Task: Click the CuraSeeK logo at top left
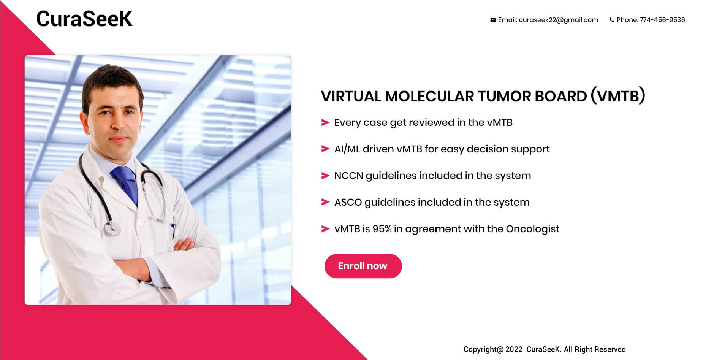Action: pyautogui.click(x=84, y=19)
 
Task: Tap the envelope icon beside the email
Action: pyautogui.click(x=493, y=20)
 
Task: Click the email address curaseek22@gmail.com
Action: pyautogui.click(x=558, y=20)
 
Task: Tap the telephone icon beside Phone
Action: pyautogui.click(x=612, y=20)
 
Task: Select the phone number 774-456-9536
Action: pyautogui.click(x=662, y=20)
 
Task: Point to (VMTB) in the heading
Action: pyautogui.click(x=618, y=96)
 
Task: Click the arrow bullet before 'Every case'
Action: pyautogui.click(x=325, y=122)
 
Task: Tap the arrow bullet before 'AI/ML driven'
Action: pyautogui.click(x=325, y=149)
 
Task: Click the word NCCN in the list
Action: pyautogui.click(x=348, y=176)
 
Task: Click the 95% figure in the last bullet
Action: pyautogui.click(x=382, y=229)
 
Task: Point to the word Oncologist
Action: pyautogui.click(x=532, y=229)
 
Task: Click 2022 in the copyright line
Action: pyautogui.click(x=514, y=349)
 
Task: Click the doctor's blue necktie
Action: pyautogui.click(x=125, y=183)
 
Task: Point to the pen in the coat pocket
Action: pyautogui.click(x=174, y=230)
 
